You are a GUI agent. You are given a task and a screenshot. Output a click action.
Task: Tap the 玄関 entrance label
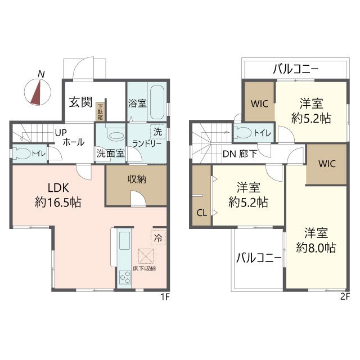pos(80,102)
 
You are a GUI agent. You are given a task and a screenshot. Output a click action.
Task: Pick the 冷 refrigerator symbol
pos(158,237)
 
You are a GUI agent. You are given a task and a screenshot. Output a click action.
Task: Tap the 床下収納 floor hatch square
pos(148,256)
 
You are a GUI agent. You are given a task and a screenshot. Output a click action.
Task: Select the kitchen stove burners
pos(124,277)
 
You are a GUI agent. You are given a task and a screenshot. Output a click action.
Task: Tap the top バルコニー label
pos(296,70)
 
